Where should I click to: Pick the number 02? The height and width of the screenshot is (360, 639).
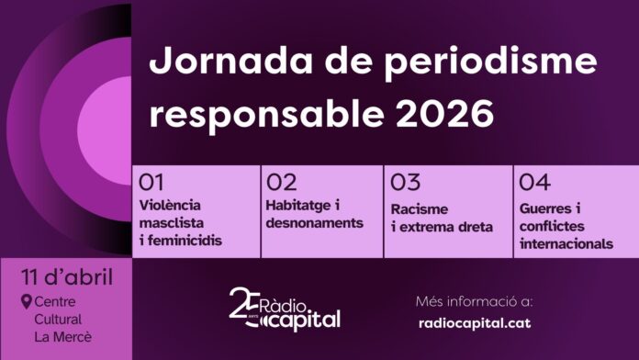[281, 183]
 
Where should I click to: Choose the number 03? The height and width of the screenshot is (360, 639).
[405, 183]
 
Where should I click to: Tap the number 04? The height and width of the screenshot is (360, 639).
[533, 183]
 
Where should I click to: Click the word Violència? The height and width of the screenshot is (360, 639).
[170, 205]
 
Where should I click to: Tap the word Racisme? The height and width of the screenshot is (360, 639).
[420, 208]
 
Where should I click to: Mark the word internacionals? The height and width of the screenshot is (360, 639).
[566, 244]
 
